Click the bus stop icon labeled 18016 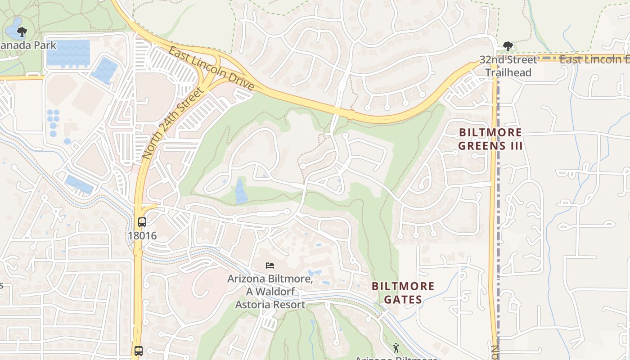pyautogui.click(x=142, y=222)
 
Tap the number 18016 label pyautogui.click(x=142, y=235)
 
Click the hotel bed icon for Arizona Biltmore pyautogui.click(x=270, y=265)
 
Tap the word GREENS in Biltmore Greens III pyautogui.click(x=481, y=146)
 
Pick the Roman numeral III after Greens pyautogui.click(x=515, y=146)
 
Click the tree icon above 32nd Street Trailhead pyautogui.click(x=508, y=46)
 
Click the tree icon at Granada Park pyautogui.click(x=21, y=31)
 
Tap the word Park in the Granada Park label pyautogui.click(x=46, y=45)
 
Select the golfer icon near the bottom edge pyautogui.click(x=396, y=348)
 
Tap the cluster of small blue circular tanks pyautogui.click(x=53, y=119)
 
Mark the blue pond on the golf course pyautogui.click(x=241, y=191)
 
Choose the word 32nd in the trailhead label pyautogui.click(x=490, y=59)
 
